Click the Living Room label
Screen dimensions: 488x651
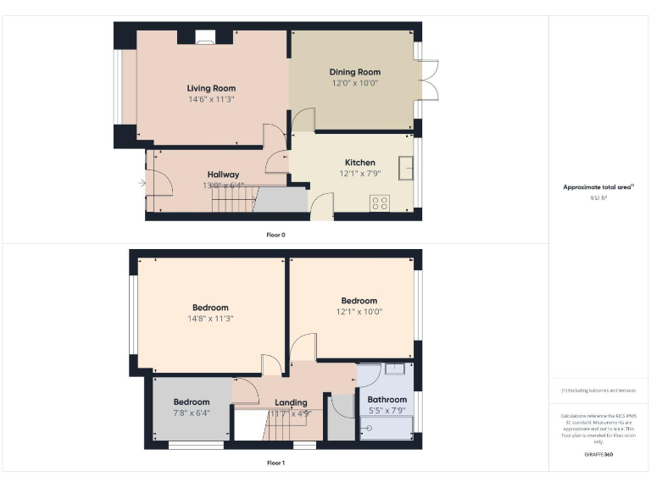pyautogui.click(x=211, y=88)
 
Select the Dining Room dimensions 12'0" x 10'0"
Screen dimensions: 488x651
pyautogui.click(x=354, y=83)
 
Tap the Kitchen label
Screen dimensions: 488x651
pyautogui.click(x=359, y=163)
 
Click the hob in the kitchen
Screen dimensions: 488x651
pyautogui.click(x=380, y=202)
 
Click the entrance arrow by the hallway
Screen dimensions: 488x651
pyautogui.click(x=142, y=182)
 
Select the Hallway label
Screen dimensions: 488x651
pyautogui.click(x=223, y=175)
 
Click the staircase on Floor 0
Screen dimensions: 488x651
pyautogui.click(x=232, y=201)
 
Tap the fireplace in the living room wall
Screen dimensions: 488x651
pyautogui.click(x=206, y=36)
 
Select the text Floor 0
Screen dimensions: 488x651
pyautogui.click(x=275, y=234)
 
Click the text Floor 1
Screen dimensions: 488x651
pyautogui.click(x=275, y=463)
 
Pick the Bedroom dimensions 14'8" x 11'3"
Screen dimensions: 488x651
pyautogui.click(x=210, y=319)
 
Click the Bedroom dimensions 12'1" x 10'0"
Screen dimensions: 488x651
pyautogui.click(x=359, y=312)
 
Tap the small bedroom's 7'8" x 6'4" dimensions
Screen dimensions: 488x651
pyautogui.click(x=192, y=413)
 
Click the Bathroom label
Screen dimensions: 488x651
pyautogui.click(x=387, y=400)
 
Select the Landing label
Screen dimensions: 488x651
pyautogui.click(x=291, y=402)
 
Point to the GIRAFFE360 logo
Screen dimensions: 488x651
pyautogui.click(x=598, y=455)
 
